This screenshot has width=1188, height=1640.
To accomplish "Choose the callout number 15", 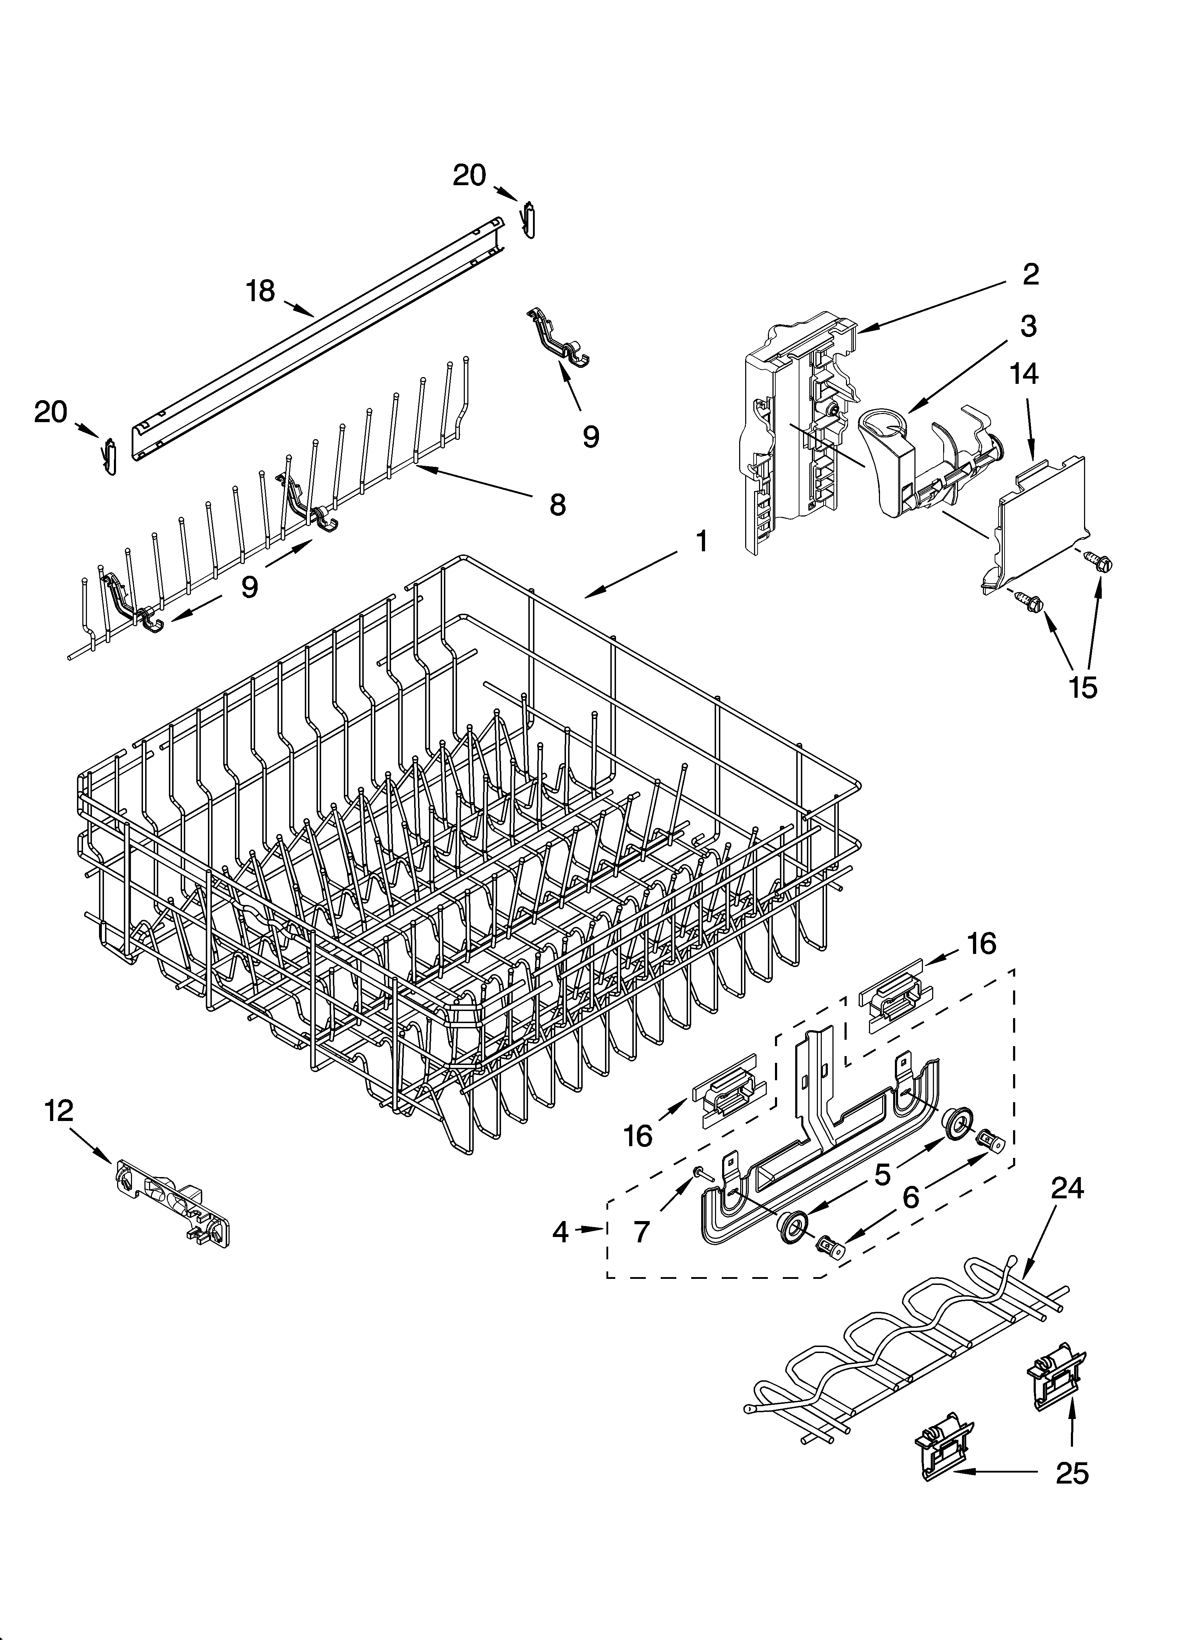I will click(1083, 688).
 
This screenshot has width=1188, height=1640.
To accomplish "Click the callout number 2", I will click(1030, 274).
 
